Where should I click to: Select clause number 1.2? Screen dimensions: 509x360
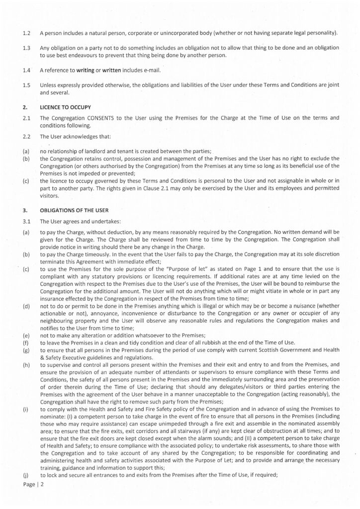(x=27, y=33)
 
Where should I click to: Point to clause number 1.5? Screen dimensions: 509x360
(x=27, y=85)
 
